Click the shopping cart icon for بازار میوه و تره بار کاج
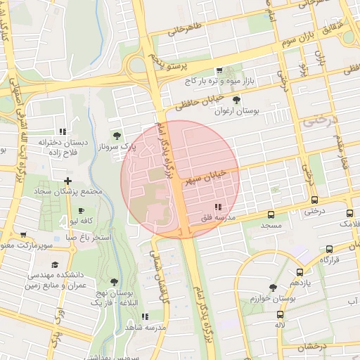pos(219,70)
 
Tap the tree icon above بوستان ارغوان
pos(236,101)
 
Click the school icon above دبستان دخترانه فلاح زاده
pos(63,131)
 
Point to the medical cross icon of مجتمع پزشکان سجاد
pos(67,181)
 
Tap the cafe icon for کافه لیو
pos(81,210)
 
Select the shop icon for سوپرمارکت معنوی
pos(23,235)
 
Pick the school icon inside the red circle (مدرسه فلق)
pos(217,207)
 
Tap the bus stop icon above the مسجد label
pos(271,214)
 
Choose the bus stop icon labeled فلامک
pos(349,213)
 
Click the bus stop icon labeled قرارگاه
pos(329,249)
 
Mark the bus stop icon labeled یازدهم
pos(300,272)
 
